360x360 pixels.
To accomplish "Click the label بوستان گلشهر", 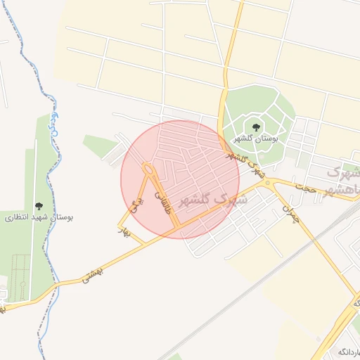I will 258,139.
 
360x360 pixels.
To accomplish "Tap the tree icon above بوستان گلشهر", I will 255,127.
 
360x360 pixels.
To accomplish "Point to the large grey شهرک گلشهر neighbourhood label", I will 214,199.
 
